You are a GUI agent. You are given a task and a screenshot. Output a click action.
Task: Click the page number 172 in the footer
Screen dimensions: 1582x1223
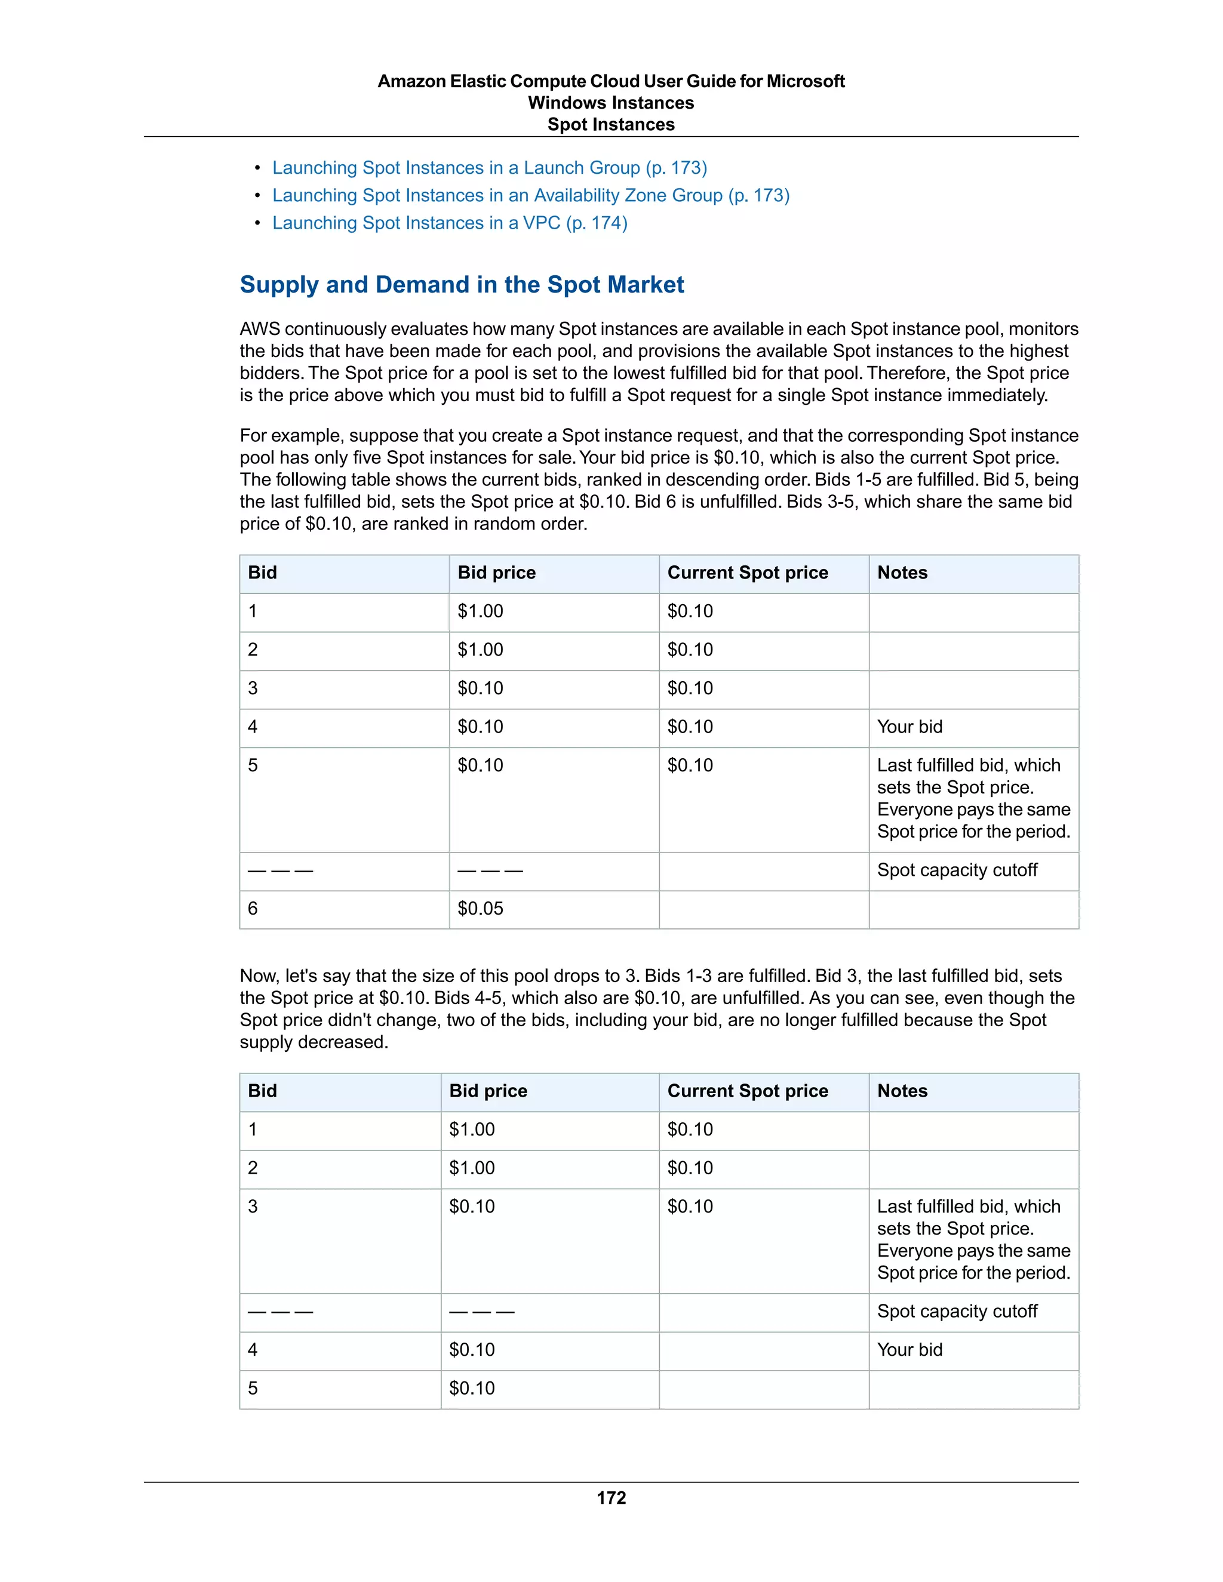[611, 1497]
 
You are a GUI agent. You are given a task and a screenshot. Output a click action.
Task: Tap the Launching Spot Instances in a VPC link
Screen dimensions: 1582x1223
[449, 223]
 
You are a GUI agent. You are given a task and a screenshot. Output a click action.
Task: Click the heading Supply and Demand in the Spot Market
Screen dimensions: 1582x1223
[462, 285]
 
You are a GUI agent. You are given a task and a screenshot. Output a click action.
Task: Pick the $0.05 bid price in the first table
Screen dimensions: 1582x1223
[480, 909]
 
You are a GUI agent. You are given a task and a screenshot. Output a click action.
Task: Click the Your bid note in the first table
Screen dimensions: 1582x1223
[909, 727]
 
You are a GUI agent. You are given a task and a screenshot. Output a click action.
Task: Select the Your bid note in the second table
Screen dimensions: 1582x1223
[909, 1350]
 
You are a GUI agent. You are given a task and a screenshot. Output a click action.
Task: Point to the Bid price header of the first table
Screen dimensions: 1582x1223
[496, 573]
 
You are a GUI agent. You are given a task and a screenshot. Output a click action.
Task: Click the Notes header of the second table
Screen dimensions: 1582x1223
[902, 1091]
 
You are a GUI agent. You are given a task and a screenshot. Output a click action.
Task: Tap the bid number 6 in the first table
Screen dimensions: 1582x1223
[253, 909]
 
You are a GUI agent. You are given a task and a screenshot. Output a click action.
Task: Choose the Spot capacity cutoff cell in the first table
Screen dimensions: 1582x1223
[957, 870]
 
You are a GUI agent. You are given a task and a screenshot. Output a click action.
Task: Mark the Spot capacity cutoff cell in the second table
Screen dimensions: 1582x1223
[957, 1311]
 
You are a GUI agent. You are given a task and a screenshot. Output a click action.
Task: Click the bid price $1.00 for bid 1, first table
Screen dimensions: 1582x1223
[480, 611]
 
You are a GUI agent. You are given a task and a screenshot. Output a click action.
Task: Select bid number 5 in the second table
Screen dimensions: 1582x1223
[253, 1388]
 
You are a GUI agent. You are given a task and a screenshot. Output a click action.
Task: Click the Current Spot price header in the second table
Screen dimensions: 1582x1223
[747, 1091]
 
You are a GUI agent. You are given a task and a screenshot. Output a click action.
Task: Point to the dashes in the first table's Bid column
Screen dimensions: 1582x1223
[281, 870]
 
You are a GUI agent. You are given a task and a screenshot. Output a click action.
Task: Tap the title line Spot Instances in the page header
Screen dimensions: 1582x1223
[611, 125]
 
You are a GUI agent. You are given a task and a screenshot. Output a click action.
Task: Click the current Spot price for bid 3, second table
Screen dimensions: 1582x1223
[690, 1206]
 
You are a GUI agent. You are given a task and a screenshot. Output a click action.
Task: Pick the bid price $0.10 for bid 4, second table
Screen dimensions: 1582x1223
[472, 1350]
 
